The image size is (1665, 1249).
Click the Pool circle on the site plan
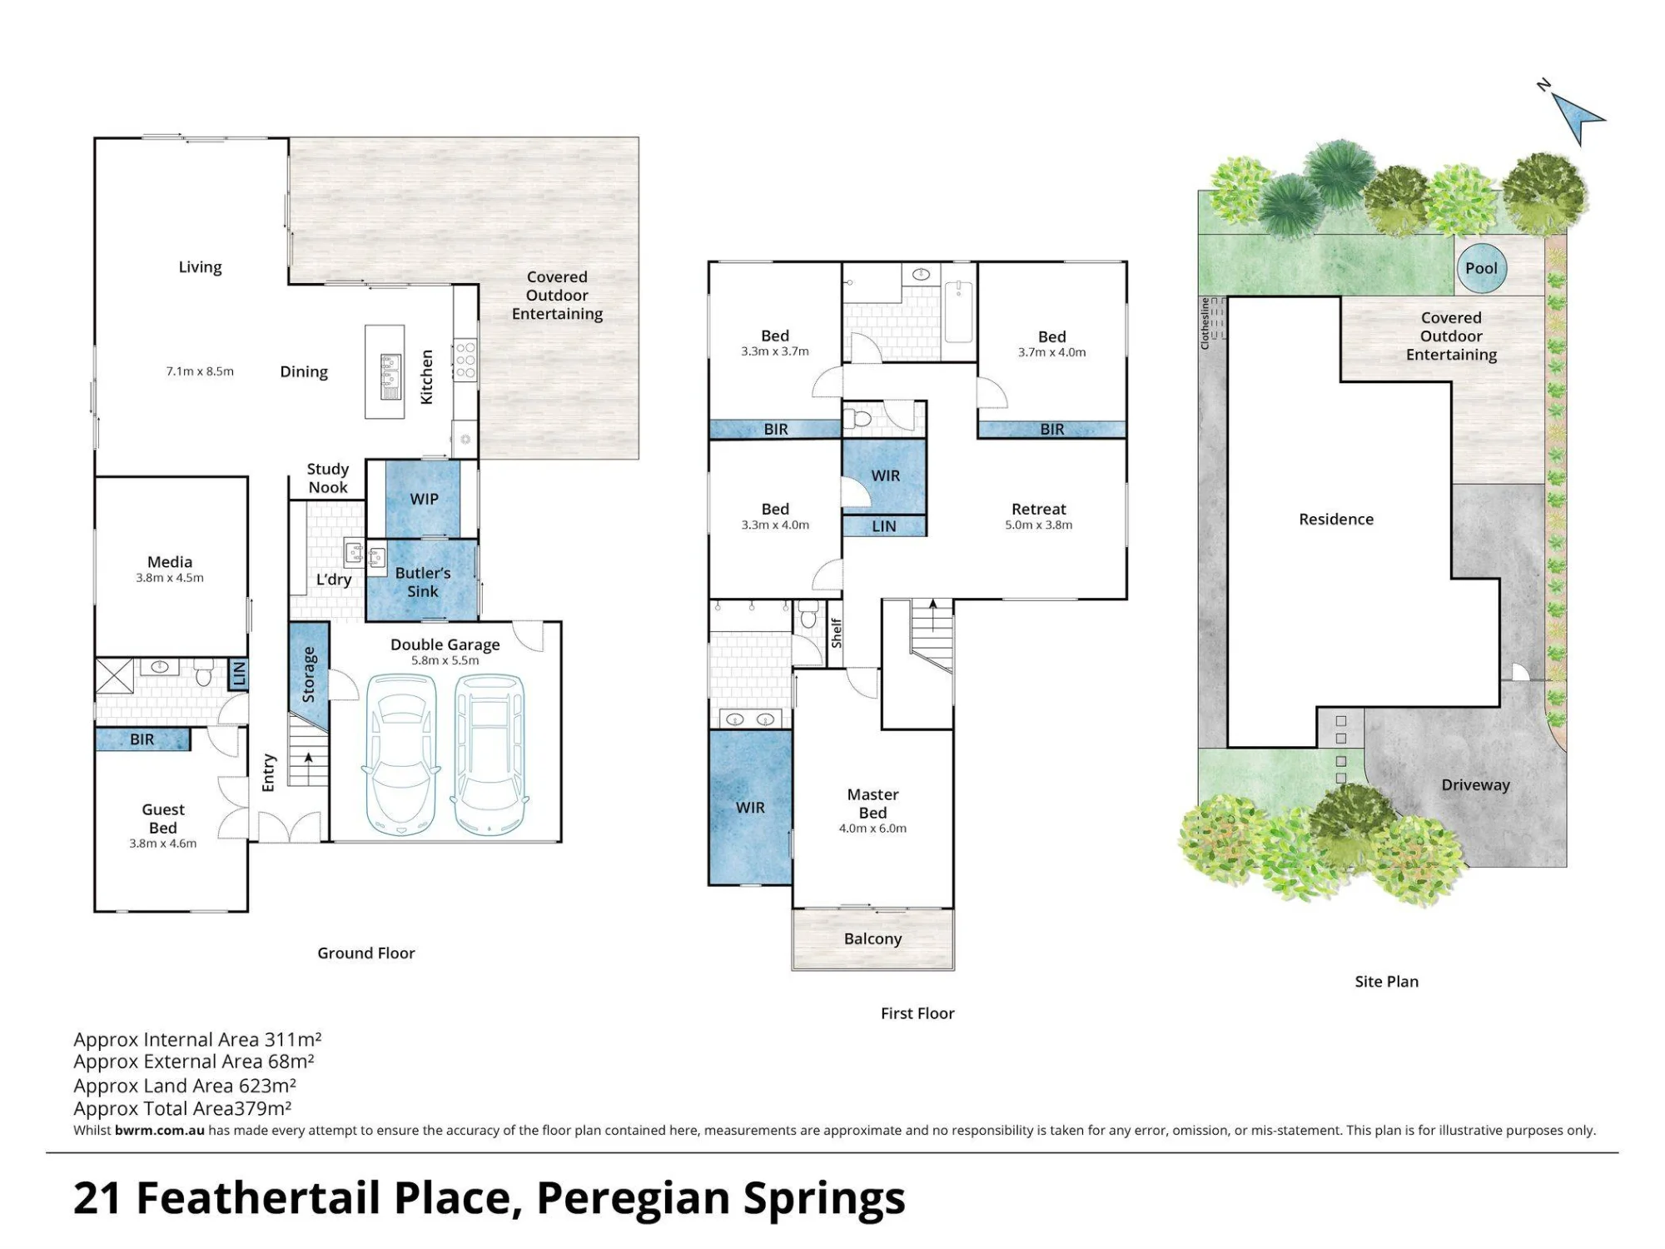coord(1481,268)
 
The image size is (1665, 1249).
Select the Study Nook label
coord(328,478)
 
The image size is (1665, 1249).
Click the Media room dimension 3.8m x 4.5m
coord(170,578)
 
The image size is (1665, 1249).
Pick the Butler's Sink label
coord(423,582)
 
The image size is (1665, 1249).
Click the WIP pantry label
coord(424,499)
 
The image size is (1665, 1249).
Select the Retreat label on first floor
coord(1038,509)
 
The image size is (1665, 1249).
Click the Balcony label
coord(872,938)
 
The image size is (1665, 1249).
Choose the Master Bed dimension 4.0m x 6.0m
coord(872,829)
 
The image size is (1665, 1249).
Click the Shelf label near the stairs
coord(837,633)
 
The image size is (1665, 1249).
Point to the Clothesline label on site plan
coord(1205,323)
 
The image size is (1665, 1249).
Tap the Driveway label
coord(1475,784)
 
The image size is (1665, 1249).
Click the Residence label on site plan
coord(1336,519)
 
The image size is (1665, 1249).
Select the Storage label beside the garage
coord(308,674)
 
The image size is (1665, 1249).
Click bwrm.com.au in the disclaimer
coord(160,1130)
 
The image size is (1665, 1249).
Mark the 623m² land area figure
coord(267,1085)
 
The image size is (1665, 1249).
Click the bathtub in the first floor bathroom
coord(958,312)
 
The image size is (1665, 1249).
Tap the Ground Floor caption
coord(366,953)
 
